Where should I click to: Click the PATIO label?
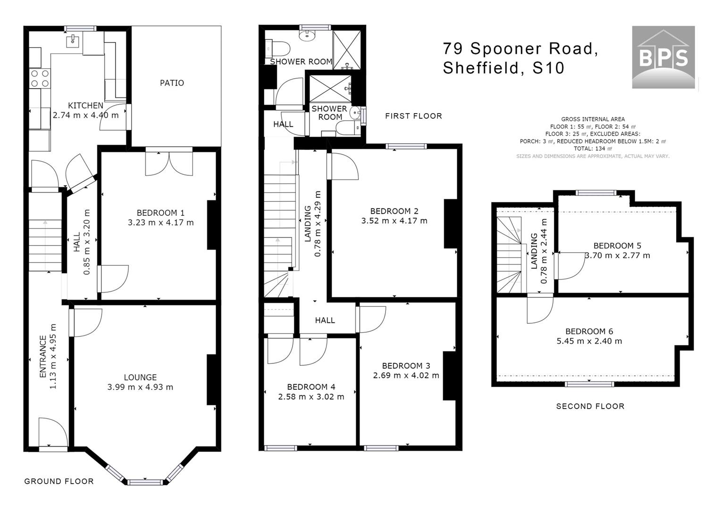tap(172, 83)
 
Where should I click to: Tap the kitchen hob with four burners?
tap(40, 78)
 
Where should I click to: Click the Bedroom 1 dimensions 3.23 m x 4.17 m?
tap(160, 222)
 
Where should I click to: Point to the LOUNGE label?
tap(140, 377)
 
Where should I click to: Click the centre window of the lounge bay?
tap(145, 482)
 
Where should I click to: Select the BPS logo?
tap(663, 57)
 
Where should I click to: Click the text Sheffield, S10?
tap(503, 68)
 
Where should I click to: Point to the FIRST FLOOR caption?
tap(413, 116)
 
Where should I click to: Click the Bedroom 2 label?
tap(394, 211)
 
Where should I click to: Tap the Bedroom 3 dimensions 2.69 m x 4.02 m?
tap(406, 376)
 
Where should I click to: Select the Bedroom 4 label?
tap(310, 387)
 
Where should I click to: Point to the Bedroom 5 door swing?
tap(571, 265)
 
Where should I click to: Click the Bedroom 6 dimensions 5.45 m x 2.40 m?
tap(589, 341)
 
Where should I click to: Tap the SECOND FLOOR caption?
tap(590, 406)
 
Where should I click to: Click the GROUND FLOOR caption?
tap(59, 481)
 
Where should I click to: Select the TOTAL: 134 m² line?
tap(593, 148)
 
